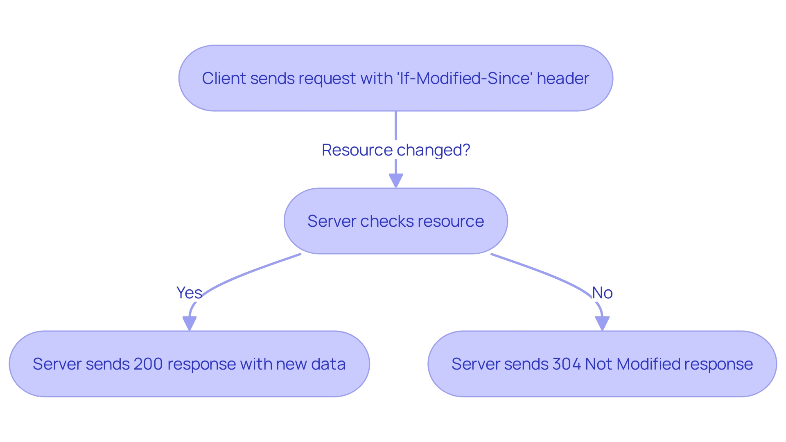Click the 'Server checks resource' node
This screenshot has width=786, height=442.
[x=395, y=221]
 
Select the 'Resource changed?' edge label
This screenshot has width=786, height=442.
[x=395, y=150]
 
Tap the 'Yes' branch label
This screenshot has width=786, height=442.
[x=189, y=293]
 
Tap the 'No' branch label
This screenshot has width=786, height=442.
[x=602, y=293]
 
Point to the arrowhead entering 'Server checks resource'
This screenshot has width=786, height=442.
[x=395, y=180]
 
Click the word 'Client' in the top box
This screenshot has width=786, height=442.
[x=224, y=78]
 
